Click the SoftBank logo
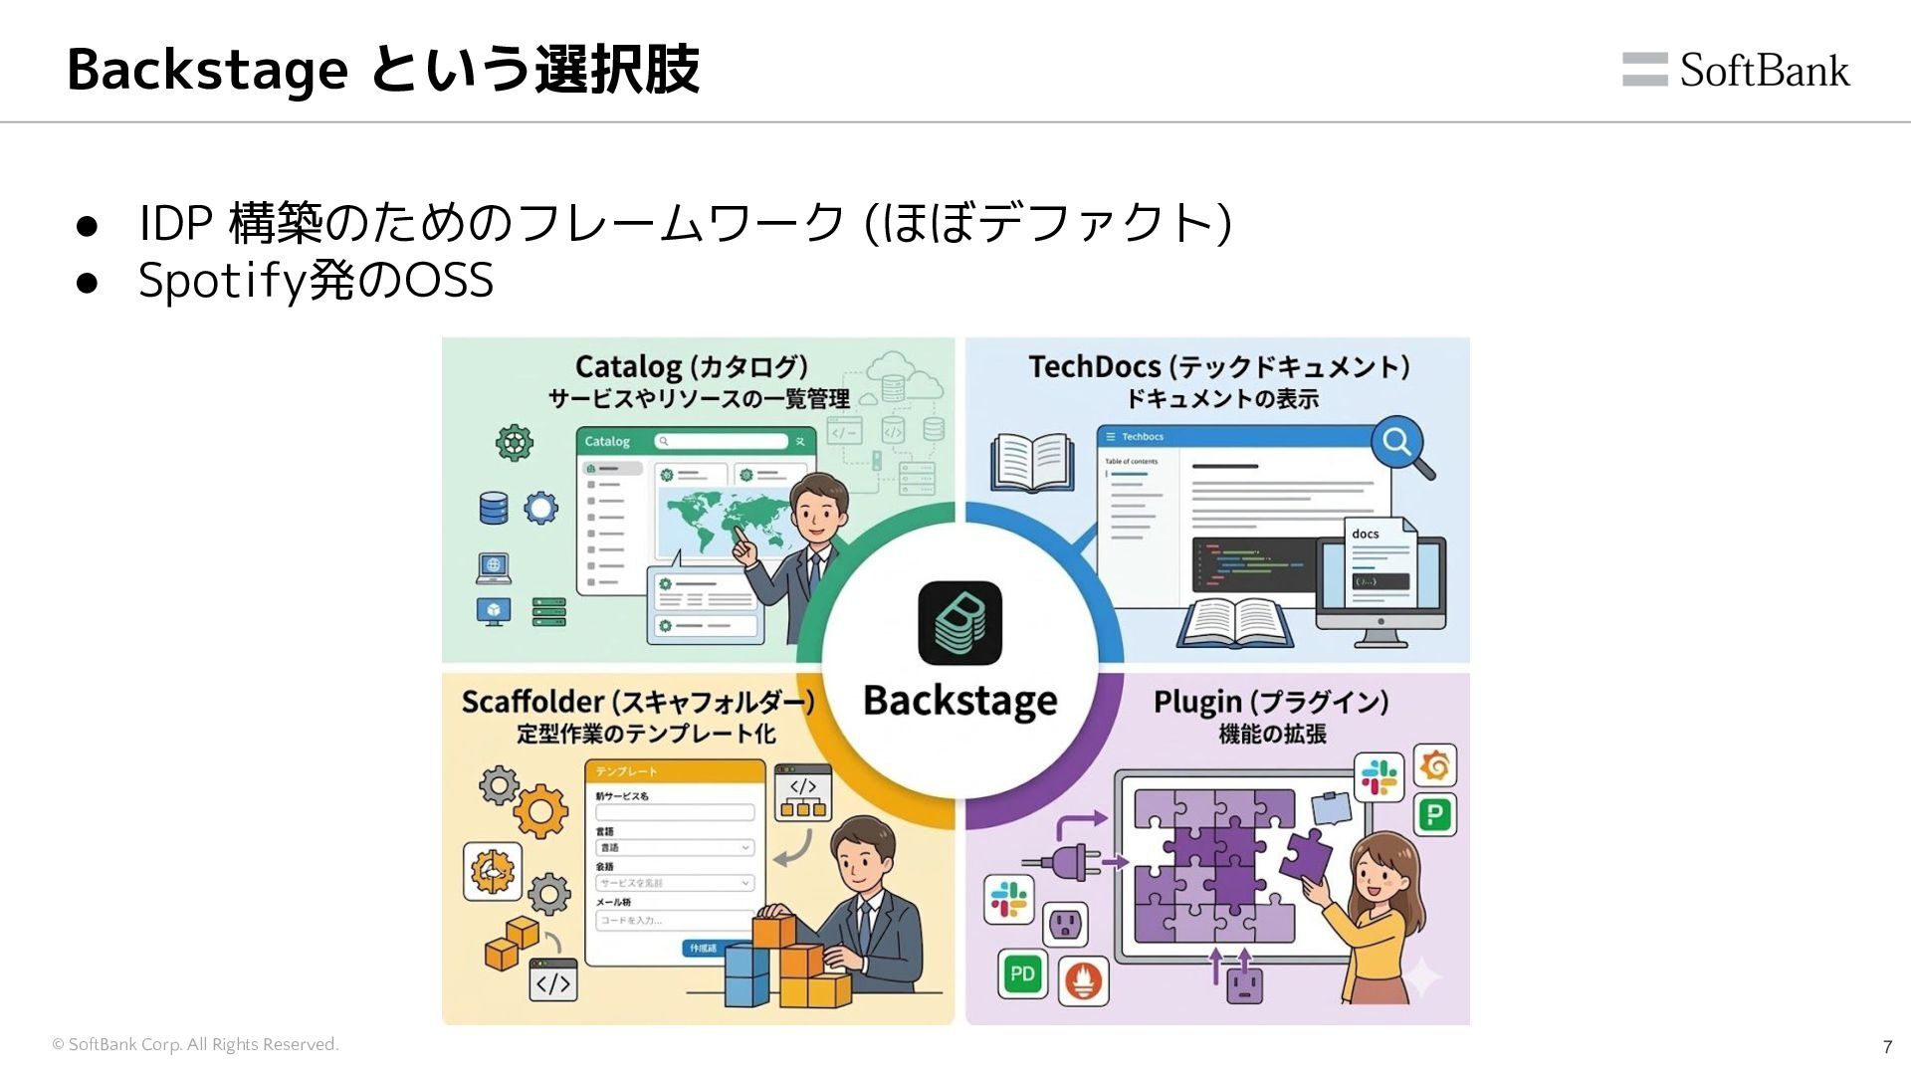click(x=1736, y=70)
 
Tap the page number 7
click(x=1887, y=1046)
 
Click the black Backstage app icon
click(x=959, y=623)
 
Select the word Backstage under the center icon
click(x=959, y=702)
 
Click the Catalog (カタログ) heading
click(x=692, y=366)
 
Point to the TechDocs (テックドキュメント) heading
click(x=1218, y=366)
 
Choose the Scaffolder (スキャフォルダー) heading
click(x=638, y=702)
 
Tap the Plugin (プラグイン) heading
click(x=1271, y=702)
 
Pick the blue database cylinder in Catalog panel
click(x=494, y=508)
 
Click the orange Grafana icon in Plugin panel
click(x=1434, y=765)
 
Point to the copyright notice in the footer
click(x=195, y=1044)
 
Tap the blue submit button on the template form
click(x=704, y=948)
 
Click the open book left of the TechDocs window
click(x=1032, y=463)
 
